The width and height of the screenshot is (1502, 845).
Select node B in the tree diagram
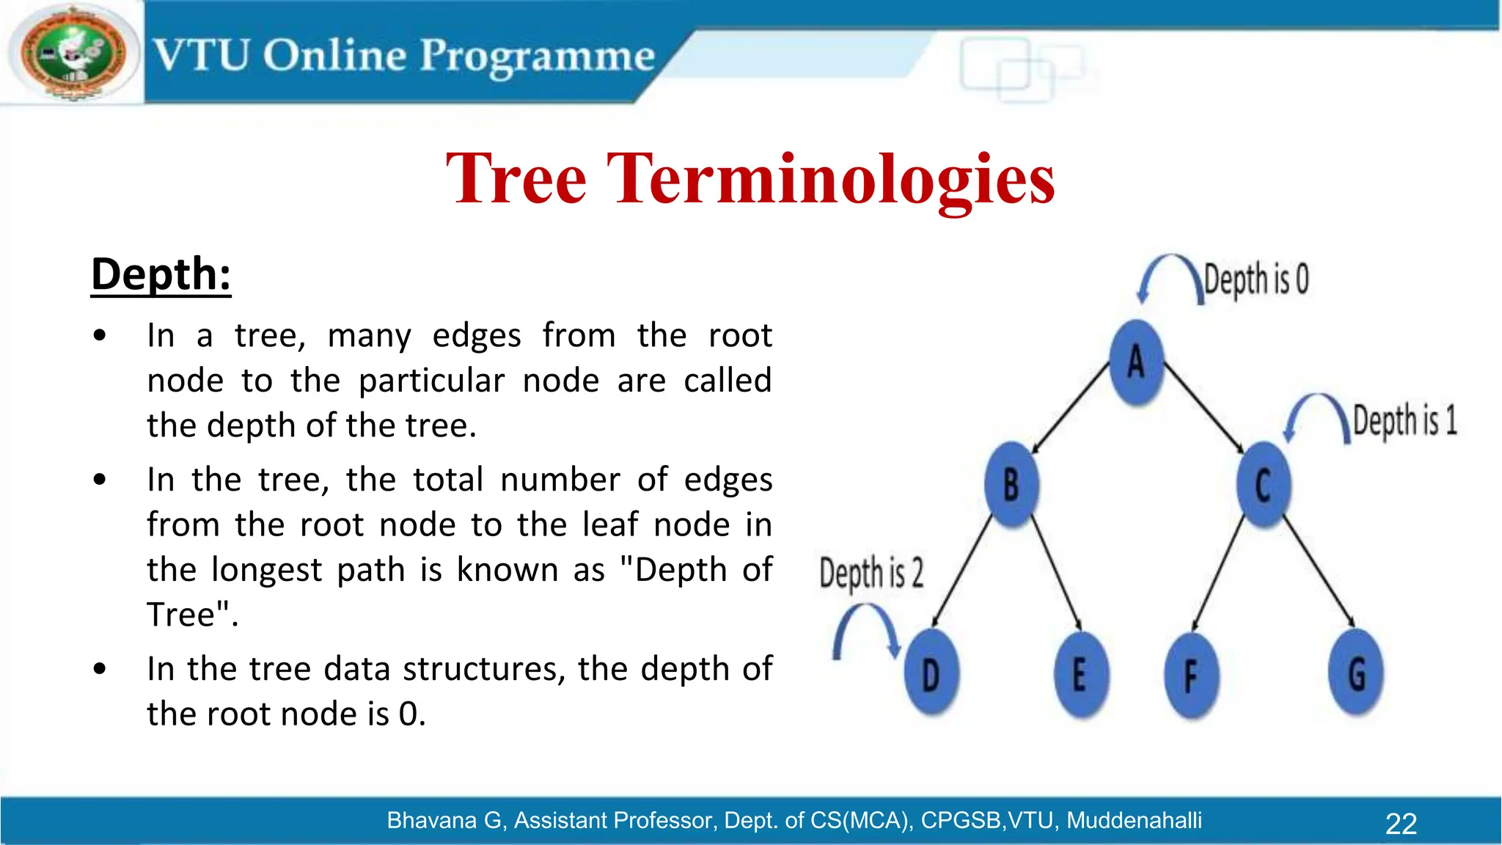pyautogui.click(x=1011, y=485)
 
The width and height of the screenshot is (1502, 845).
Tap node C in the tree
pyautogui.click(x=1263, y=485)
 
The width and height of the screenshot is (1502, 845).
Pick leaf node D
pyautogui.click(x=931, y=674)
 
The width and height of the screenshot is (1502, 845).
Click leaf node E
pyautogui.click(x=1080, y=674)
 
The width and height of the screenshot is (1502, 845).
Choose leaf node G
pyautogui.click(x=1356, y=674)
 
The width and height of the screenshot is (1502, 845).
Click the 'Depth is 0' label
pyautogui.click(x=1256, y=279)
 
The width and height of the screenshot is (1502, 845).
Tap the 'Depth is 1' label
pyautogui.click(x=1404, y=421)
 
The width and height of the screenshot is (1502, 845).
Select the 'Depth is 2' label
pyautogui.click(x=871, y=573)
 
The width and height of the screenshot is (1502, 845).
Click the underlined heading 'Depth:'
pyautogui.click(x=161, y=275)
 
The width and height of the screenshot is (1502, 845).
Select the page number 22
pyautogui.click(x=1400, y=824)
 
